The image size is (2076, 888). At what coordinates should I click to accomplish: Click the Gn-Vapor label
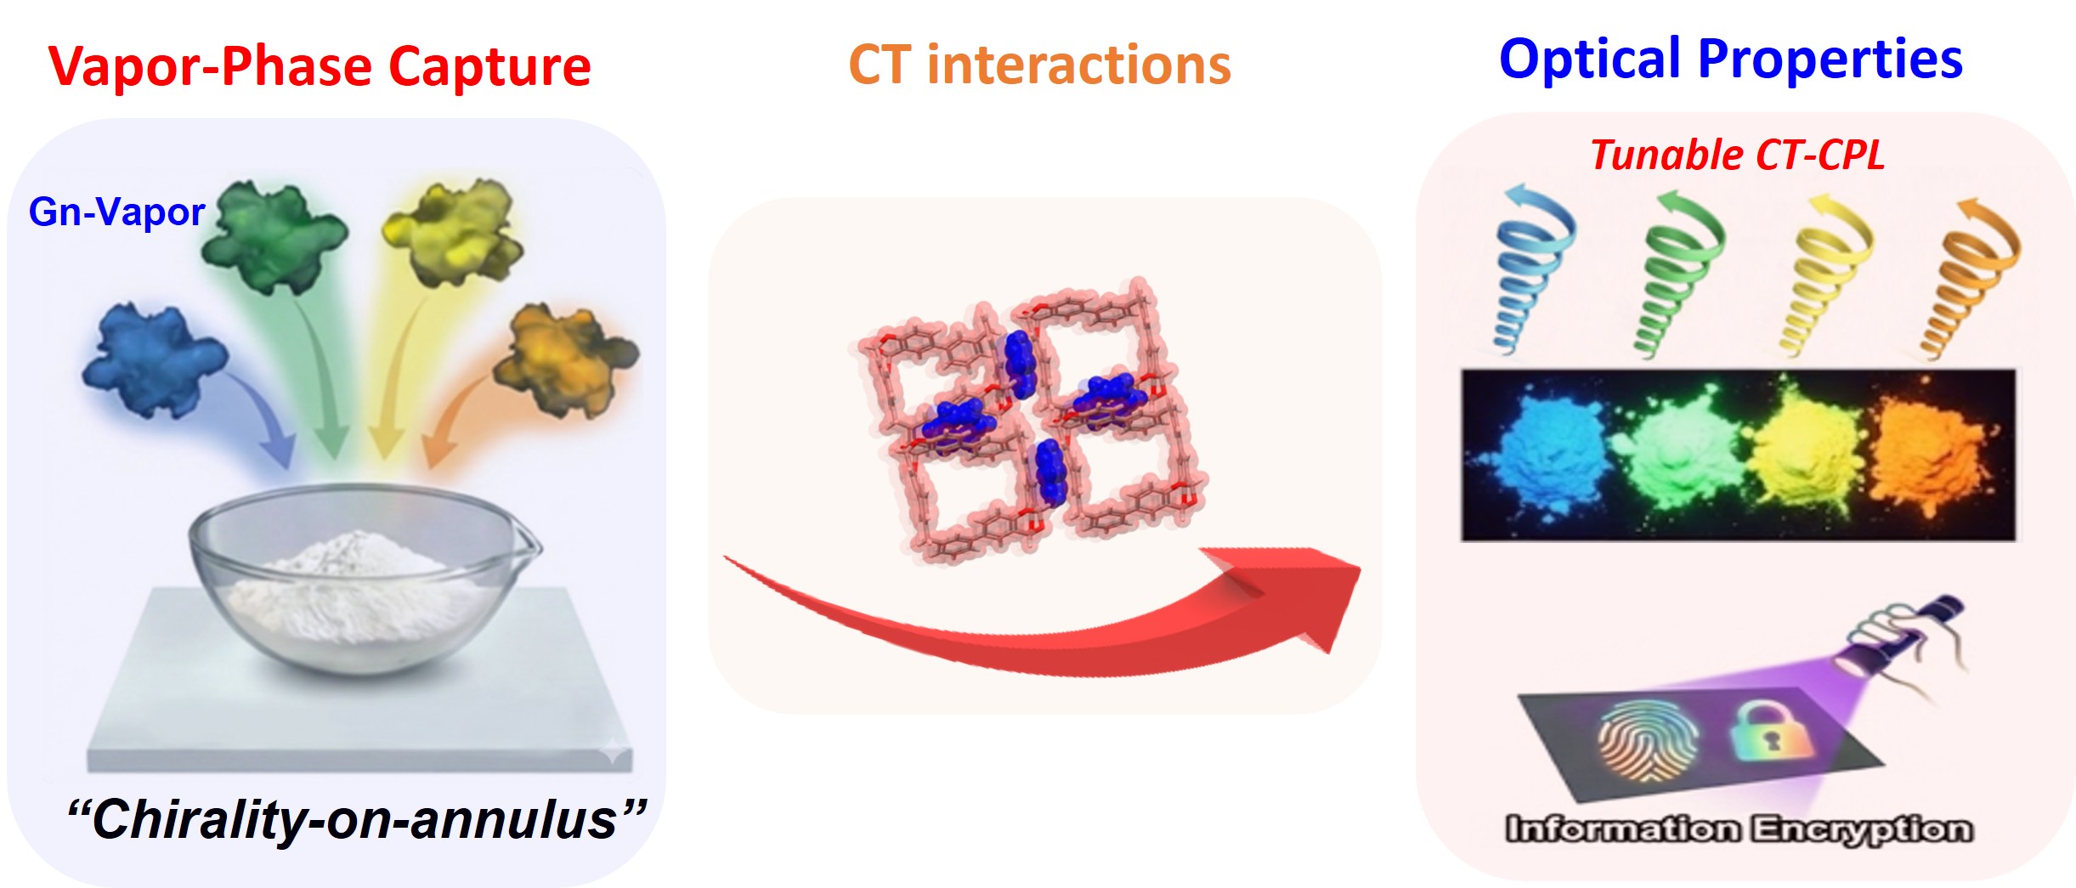pos(116,212)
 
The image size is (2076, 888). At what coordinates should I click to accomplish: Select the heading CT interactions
pos(1039,65)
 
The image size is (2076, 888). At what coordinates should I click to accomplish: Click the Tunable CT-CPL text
pos(1738,156)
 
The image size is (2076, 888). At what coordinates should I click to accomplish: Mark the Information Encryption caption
pos(1739,829)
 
